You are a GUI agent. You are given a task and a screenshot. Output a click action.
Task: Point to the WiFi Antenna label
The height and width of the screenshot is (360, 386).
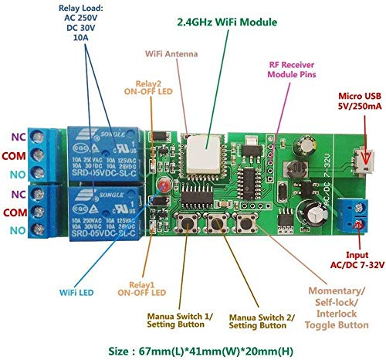[171, 54]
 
